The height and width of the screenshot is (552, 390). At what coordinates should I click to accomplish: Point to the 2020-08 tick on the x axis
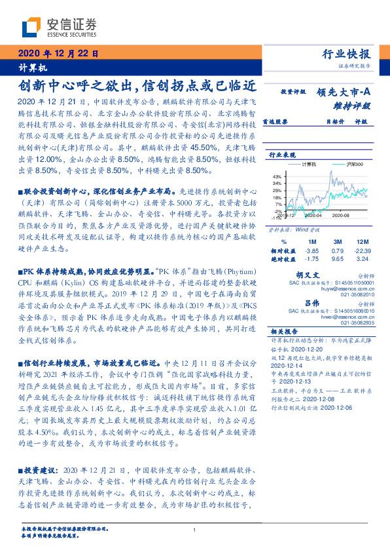(x=341, y=214)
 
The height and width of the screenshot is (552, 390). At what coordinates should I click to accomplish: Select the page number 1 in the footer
(x=195, y=530)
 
